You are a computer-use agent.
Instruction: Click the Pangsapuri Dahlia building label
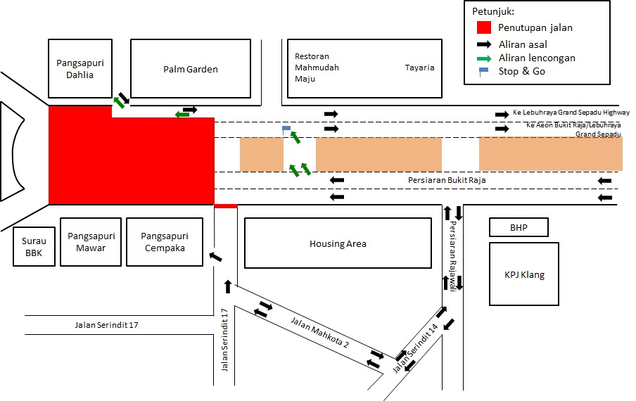75,69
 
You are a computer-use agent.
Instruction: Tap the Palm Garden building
191,69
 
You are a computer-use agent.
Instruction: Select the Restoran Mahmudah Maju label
317,68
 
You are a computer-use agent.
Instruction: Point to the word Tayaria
419,68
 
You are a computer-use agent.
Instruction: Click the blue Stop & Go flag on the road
286,129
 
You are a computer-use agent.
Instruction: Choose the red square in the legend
483,28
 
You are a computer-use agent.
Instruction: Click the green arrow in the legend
484,58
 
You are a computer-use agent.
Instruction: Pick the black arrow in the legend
484,44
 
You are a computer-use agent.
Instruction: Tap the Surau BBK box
33,247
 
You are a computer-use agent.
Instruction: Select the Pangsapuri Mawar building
91,241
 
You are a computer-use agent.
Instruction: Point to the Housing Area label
338,244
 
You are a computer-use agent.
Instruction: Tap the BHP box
519,228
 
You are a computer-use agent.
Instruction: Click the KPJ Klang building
524,274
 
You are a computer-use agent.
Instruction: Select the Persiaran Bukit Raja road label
447,180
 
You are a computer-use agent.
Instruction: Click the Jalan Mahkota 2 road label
320,333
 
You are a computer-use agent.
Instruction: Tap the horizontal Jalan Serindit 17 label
112,324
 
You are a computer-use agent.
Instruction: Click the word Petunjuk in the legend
493,12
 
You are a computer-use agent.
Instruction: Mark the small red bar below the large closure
226,206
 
